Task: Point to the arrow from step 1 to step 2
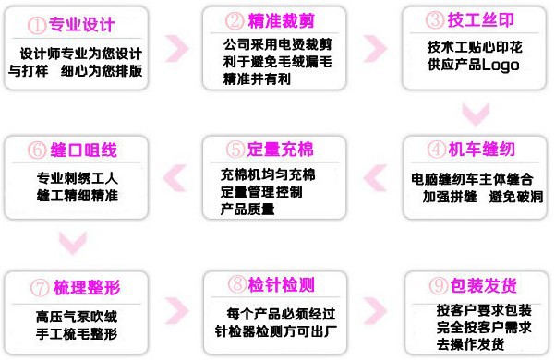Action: point(175,47)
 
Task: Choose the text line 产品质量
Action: point(247,209)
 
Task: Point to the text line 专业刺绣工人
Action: point(78,178)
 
